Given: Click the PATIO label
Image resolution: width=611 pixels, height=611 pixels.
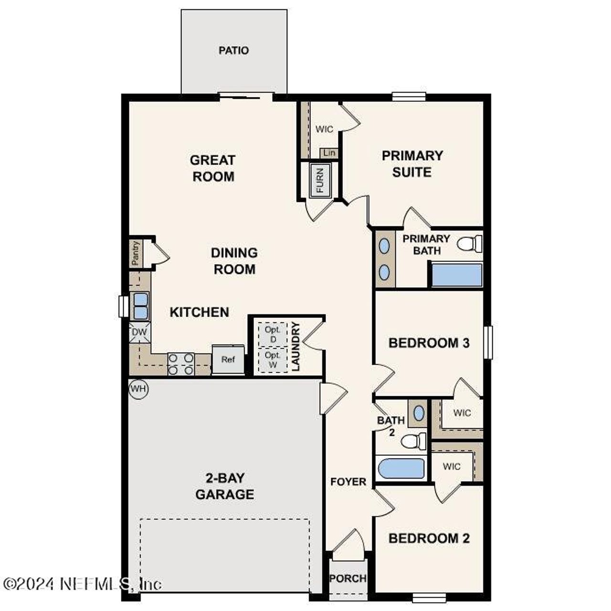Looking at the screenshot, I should (233, 50).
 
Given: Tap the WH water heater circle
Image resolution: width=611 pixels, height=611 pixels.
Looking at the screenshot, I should (138, 389).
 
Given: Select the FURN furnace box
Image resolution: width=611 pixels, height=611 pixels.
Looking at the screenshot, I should (319, 179).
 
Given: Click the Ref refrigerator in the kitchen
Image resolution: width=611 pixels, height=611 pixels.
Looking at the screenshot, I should (228, 359).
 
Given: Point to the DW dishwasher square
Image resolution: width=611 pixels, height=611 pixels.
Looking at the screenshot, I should (139, 332).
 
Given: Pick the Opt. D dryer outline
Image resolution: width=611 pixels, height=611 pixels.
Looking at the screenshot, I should (273, 334).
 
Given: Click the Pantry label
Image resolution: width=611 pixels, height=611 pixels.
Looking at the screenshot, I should (136, 253).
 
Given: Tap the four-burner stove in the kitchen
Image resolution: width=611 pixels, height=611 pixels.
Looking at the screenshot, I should (181, 364).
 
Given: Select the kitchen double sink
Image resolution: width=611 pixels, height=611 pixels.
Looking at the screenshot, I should (140, 306).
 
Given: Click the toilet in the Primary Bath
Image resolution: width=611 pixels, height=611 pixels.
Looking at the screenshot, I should (470, 244).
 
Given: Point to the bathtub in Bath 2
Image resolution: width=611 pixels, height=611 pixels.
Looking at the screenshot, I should (401, 468).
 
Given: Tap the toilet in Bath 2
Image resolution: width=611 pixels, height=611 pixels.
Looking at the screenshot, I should (414, 441).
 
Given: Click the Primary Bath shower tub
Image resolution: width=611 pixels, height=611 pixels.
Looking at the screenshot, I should (457, 275).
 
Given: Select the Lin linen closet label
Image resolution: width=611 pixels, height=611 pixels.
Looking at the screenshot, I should (329, 153).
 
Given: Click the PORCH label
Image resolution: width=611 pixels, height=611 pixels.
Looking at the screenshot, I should (348, 579).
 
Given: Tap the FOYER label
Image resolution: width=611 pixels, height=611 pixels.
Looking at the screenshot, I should (348, 482).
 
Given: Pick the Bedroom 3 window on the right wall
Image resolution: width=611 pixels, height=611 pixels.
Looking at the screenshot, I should (488, 342).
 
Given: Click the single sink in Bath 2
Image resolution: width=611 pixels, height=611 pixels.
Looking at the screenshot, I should (419, 413).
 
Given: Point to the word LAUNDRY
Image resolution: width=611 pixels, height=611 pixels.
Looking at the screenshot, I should (296, 347).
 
